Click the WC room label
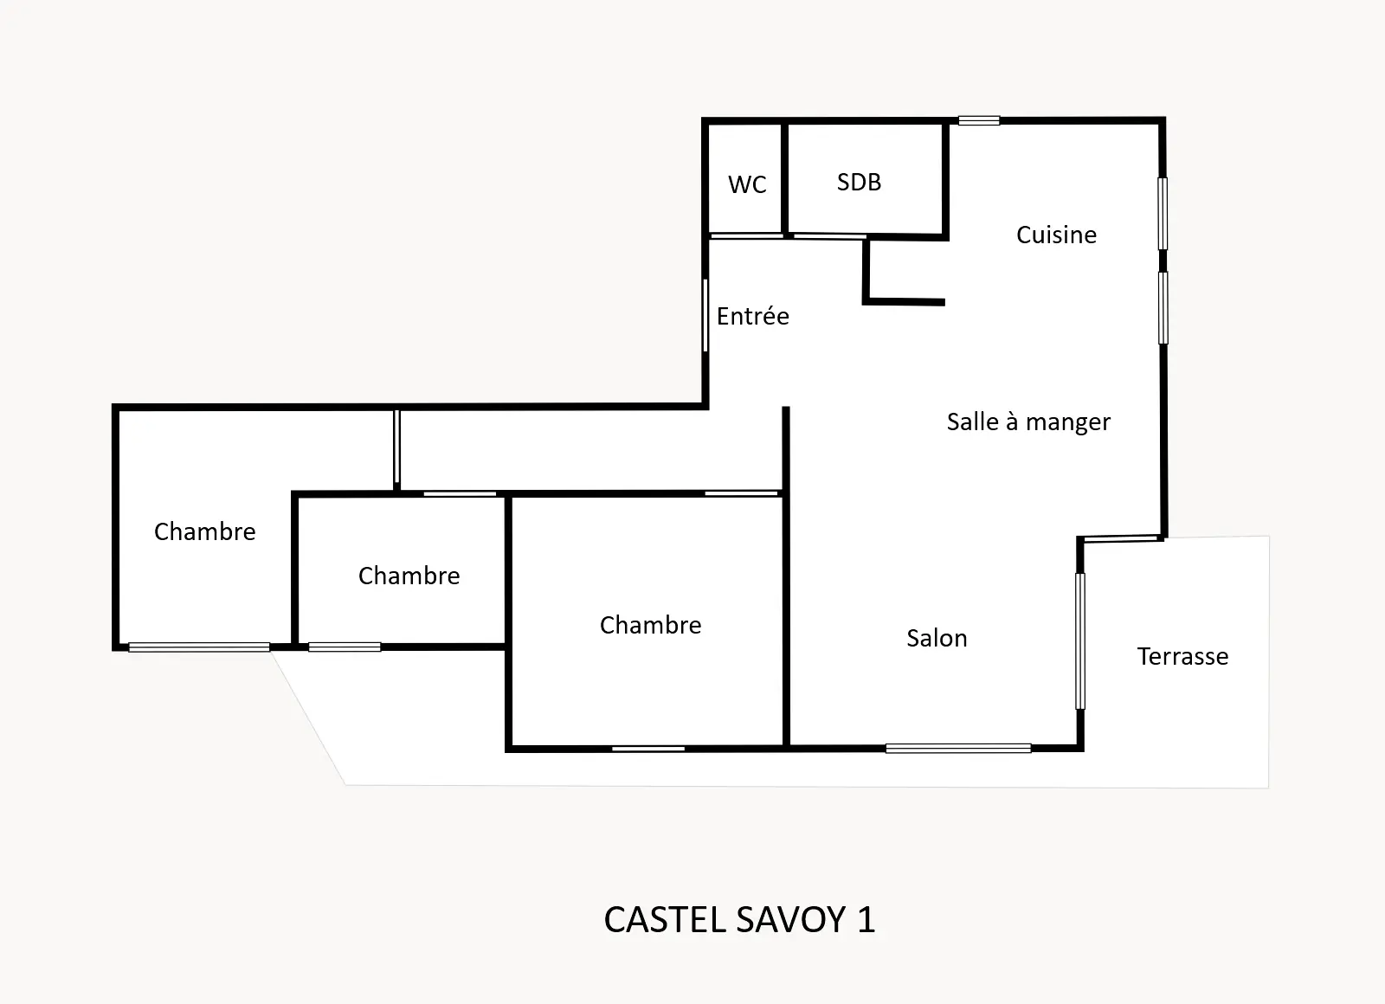pos(747,184)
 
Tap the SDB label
pos(859,183)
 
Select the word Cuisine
pos(1056,235)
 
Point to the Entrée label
pos(752,316)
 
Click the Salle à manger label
pos(1028,422)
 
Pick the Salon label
pos(937,638)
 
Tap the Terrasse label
pos(1182,656)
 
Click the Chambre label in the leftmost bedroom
pos(204,531)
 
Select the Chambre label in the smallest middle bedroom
pos(409,576)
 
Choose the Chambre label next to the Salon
pos(650,625)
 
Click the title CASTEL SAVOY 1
pos(739,919)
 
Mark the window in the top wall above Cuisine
pos(979,120)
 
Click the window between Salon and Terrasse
pos(1080,641)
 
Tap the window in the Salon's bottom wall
pos(958,749)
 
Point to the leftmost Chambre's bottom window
pos(199,647)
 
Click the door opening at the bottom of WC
pos(746,235)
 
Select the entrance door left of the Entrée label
pos(705,315)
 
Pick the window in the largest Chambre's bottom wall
pos(648,749)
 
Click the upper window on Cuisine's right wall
pos(1163,214)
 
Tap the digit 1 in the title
pos(866,919)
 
